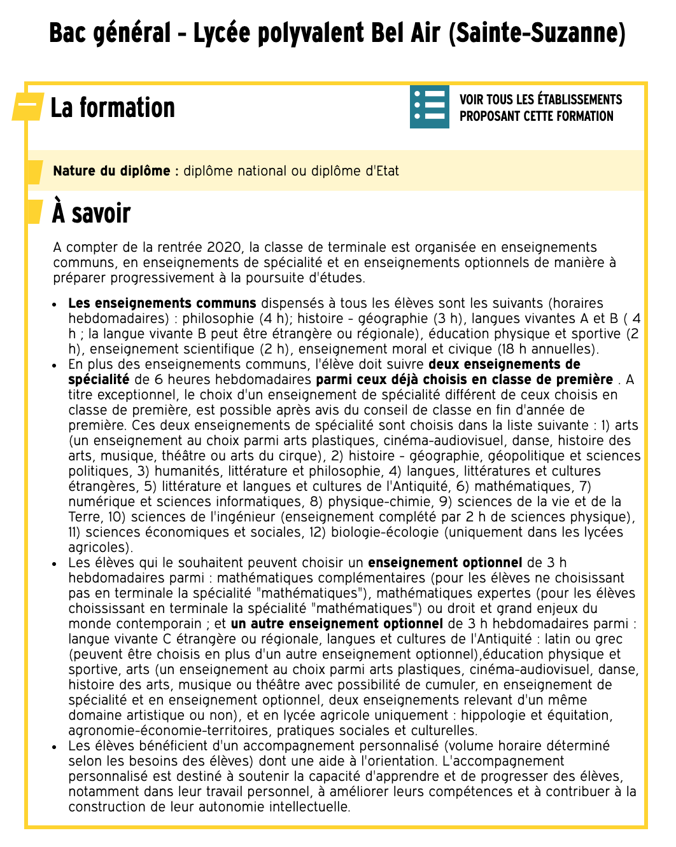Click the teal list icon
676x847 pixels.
click(x=430, y=107)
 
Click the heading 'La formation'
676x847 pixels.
click(x=113, y=108)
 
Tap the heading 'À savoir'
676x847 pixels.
click(x=92, y=213)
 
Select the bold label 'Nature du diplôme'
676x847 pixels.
click(x=111, y=171)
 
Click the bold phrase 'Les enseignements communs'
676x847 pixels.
click(x=162, y=303)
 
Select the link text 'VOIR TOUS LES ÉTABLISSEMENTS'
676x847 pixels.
click(x=540, y=99)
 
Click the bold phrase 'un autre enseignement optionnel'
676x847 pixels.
click(x=337, y=624)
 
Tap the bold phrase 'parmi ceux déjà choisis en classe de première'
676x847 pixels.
click(x=465, y=380)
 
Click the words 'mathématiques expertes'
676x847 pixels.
click(x=446, y=593)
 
